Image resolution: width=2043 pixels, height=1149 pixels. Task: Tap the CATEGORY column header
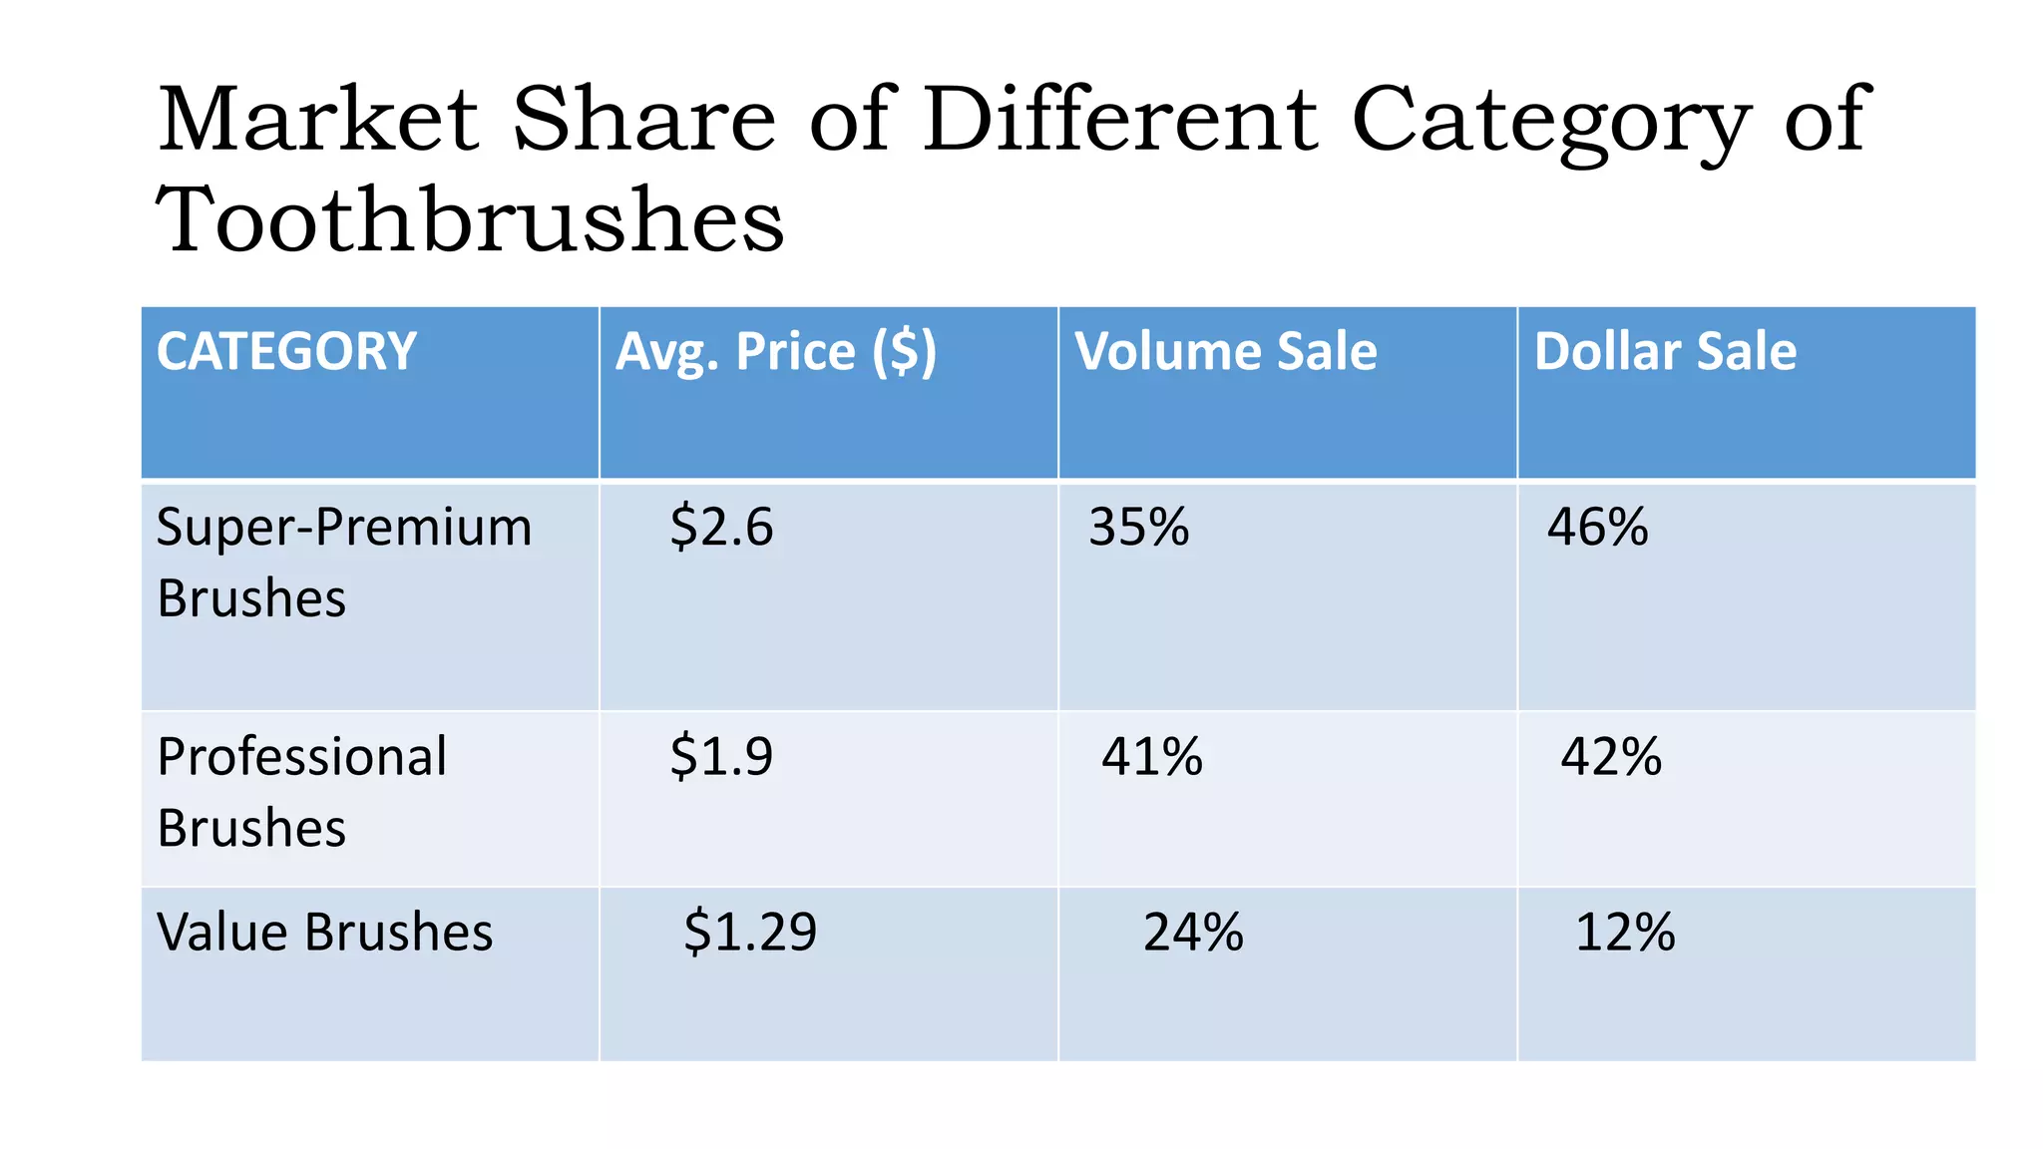tap(286, 352)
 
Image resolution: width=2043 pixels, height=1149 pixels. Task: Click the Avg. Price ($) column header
tap(776, 352)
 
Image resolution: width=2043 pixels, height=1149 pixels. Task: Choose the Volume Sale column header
tap(1226, 352)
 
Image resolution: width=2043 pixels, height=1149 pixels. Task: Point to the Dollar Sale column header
tap(1665, 352)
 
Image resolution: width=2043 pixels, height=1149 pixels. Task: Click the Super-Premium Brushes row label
tap(344, 562)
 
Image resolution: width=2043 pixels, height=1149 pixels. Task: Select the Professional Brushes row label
tap(302, 791)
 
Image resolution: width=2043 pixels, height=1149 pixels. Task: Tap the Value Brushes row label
tap(325, 933)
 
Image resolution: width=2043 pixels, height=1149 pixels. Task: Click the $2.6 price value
tap(721, 527)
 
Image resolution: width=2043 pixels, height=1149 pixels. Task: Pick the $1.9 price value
tap(721, 756)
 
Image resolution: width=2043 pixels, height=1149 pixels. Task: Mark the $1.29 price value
tap(750, 933)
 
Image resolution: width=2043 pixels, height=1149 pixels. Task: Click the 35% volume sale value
tap(1139, 527)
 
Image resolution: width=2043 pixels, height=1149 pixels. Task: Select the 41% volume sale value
tap(1152, 756)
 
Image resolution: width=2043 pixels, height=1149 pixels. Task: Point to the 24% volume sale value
tap(1194, 933)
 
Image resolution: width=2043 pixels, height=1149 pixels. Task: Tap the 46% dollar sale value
tap(1598, 527)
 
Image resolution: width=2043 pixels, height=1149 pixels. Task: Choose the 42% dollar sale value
tap(1611, 756)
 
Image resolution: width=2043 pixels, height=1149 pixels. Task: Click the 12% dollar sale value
tap(1625, 933)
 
